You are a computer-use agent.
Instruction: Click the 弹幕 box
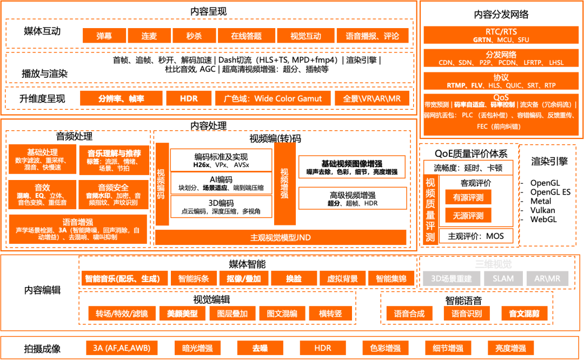[x=104, y=36]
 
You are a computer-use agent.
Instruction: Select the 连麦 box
[x=149, y=36]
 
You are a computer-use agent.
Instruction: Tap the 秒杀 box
[x=194, y=36]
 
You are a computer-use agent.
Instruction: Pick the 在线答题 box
[x=246, y=36]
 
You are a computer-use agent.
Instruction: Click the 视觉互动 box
[x=306, y=36]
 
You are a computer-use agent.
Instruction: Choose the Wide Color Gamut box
[x=272, y=98]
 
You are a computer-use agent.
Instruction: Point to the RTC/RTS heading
[x=501, y=32]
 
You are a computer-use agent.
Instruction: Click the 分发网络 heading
[x=501, y=55]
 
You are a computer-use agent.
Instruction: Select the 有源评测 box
[x=468, y=198]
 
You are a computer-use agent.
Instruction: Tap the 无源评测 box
[x=468, y=216]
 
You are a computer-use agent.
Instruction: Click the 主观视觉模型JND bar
[x=281, y=237]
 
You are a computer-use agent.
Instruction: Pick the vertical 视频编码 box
[x=161, y=184]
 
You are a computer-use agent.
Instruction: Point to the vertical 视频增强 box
[x=284, y=184]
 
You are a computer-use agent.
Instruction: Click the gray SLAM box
[x=503, y=278]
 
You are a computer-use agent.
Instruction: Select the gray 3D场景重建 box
[x=452, y=278]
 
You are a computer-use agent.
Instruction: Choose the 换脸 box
[x=294, y=278]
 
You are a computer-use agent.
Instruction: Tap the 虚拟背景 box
[x=342, y=278]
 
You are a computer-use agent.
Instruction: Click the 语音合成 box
[x=409, y=314]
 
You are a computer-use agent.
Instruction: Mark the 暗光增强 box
[x=197, y=348]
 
